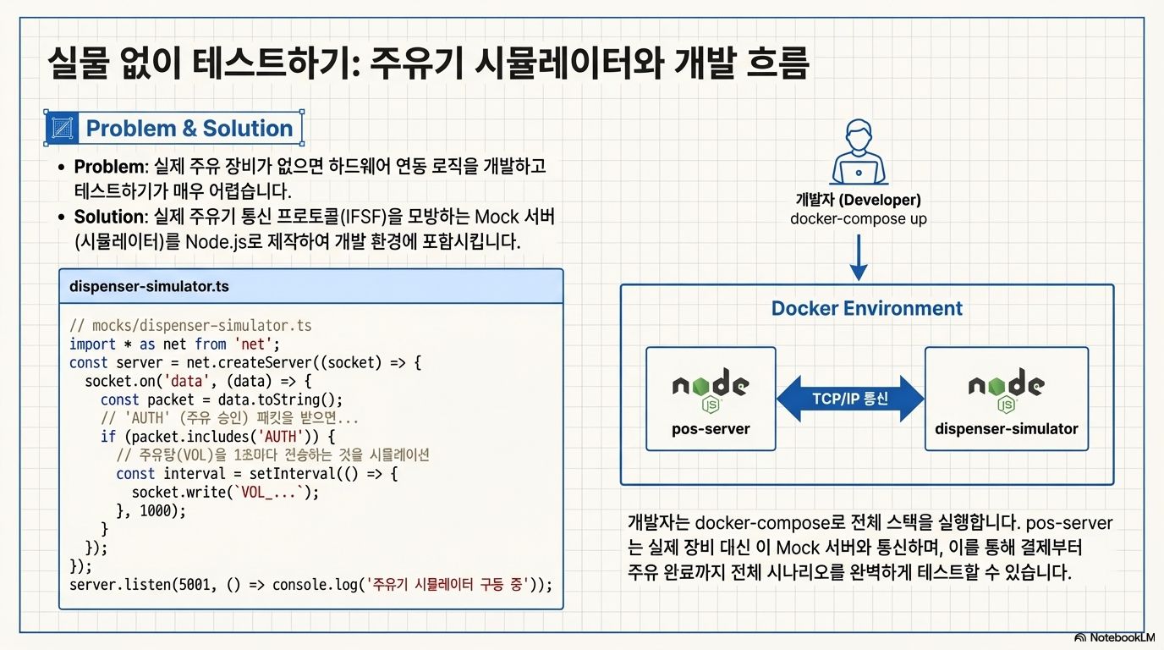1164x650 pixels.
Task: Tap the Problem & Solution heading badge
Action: (173, 129)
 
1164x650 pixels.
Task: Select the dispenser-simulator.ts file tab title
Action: (149, 287)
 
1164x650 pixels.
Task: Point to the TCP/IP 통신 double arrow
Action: (850, 399)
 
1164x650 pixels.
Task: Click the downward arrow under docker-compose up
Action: (858, 257)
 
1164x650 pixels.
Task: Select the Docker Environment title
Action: (866, 308)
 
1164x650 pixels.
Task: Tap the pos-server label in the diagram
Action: (711, 428)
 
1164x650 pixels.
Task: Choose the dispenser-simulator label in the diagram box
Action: (1006, 428)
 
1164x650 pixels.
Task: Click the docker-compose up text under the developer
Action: (858, 219)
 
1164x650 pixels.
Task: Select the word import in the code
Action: (92, 344)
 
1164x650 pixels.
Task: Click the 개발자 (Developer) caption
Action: (858, 201)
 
